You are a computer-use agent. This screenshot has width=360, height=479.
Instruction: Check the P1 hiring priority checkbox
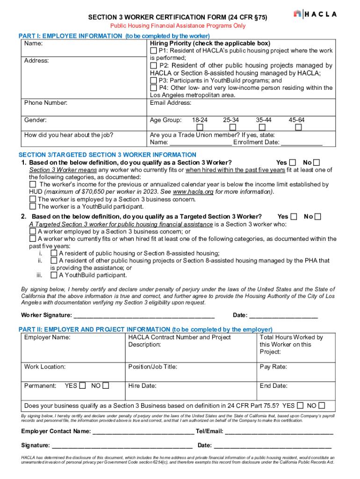153,51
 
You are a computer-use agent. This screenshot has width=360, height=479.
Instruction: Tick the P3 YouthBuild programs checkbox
153,80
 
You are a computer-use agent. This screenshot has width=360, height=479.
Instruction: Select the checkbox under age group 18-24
200,127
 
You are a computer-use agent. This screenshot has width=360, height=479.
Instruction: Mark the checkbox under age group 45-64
298,127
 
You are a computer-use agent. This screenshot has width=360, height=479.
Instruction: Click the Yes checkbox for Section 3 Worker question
293,163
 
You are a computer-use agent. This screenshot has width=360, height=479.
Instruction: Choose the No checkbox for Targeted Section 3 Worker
318,217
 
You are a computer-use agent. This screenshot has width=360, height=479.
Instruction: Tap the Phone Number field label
46,102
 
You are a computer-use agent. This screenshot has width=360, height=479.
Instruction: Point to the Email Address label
170,102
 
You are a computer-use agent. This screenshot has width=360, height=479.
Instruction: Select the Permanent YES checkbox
82,386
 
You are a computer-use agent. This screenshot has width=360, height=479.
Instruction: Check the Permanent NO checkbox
106,386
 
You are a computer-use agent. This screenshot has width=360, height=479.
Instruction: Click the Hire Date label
142,386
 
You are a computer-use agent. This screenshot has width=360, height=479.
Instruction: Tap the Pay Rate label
274,367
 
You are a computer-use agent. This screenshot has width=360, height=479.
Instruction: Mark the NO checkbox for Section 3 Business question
321,406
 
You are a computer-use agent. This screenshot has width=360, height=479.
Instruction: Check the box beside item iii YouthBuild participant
54,275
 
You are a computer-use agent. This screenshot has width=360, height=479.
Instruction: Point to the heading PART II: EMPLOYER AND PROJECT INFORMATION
145,329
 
